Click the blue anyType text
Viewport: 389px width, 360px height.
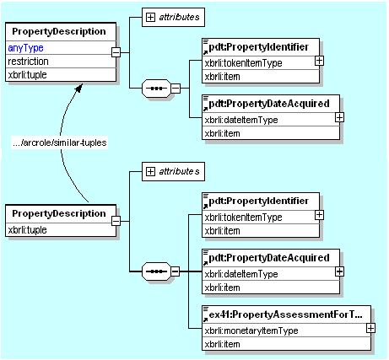click(25, 48)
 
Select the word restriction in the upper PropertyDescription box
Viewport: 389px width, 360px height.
click(28, 62)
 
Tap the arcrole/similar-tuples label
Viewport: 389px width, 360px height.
click(60, 142)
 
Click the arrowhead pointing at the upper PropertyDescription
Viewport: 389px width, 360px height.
click(79, 88)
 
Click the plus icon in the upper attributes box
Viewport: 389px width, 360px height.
click(150, 17)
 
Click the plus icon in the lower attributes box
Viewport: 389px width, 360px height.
click(150, 171)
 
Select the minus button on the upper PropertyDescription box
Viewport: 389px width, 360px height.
click(116, 52)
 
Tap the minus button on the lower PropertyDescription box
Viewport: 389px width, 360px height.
click(116, 221)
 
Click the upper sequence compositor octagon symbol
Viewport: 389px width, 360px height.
click(156, 89)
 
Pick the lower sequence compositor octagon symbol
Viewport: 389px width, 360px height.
click(156, 271)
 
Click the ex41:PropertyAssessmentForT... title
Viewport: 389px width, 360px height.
click(285, 314)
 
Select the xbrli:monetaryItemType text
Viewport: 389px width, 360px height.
click(251, 330)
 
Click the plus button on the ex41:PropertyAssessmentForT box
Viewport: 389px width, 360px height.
click(370, 328)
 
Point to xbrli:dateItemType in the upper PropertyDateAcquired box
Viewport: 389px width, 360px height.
click(241, 120)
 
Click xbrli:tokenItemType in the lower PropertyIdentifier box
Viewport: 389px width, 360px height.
click(243, 218)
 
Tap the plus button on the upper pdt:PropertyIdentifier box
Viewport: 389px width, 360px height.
click(319, 61)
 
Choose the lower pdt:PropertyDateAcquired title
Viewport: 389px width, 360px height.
click(269, 258)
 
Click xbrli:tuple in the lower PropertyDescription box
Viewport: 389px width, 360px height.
click(27, 230)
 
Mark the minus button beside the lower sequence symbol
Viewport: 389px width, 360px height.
click(175, 271)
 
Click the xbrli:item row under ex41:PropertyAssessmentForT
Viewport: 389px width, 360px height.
click(222, 344)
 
